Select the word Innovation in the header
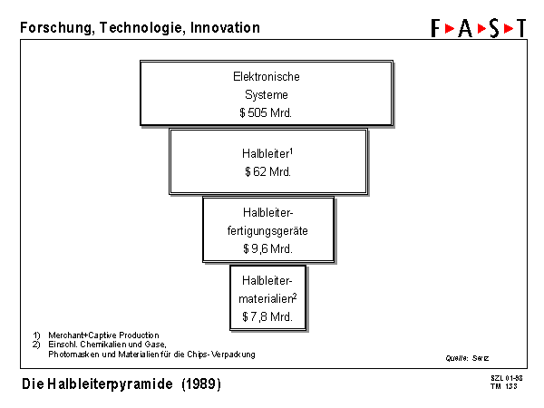(x=225, y=27)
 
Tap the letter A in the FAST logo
(x=465, y=28)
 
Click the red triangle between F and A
(x=450, y=28)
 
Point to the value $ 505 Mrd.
(x=266, y=112)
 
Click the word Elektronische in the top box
(x=267, y=76)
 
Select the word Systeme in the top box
(x=267, y=94)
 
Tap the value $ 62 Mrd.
(x=267, y=171)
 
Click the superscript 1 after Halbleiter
(x=291, y=151)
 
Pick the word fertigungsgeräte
(x=267, y=230)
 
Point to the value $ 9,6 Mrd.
(x=267, y=248)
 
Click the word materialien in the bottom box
(x=266, y=298)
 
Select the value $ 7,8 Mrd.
(x=267, y=316)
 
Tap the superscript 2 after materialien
(x=295, y=296)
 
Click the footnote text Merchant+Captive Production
(x=103, y=335)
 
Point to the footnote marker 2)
(x=36, y=345)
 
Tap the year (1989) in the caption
(x=201, y=384)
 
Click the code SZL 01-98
(x=507, y=378)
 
